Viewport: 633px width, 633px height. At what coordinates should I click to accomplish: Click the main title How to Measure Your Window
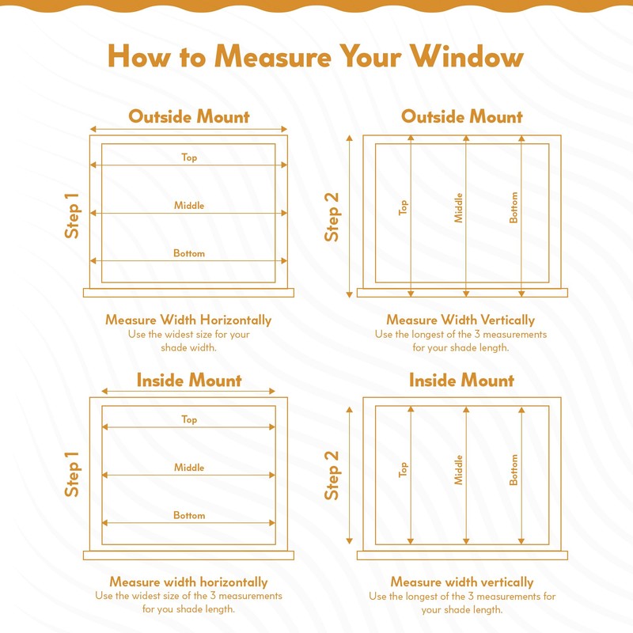click(316, 56)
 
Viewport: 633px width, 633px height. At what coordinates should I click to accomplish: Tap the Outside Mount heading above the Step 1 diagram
click(188, 117)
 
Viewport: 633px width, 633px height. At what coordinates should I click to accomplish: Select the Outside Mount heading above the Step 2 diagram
click(462, 117)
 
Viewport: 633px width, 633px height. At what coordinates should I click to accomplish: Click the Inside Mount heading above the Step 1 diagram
click(188, 381)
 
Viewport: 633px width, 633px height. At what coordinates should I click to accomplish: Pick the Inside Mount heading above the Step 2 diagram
click(462, 381)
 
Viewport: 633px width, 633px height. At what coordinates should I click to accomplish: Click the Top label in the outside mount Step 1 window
click(189, 157)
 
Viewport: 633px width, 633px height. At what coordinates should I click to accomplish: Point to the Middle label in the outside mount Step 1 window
click(189, 206)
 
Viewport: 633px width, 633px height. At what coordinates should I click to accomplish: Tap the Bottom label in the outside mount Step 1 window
click(189, 253)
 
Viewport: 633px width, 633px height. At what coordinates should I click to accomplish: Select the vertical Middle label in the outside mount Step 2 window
click(458, 207)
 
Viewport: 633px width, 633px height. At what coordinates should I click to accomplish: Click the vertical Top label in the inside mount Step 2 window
click(404, 469)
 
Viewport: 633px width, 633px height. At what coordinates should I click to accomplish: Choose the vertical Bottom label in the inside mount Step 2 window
click(514, 469)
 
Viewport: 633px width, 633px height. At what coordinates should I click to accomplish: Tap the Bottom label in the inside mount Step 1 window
click(189, 515)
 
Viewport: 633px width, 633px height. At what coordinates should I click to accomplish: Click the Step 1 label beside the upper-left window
click(72, 216)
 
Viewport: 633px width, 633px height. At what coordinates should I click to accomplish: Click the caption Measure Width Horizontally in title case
click(188, 320)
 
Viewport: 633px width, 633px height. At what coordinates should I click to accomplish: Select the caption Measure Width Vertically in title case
click(461, 320)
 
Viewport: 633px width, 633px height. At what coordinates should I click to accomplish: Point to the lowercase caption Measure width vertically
click(462, 582)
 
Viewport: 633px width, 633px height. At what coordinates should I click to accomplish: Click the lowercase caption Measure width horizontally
click(188, 582)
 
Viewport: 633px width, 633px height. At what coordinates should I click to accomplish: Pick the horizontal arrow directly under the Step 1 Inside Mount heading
click(188, 392)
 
